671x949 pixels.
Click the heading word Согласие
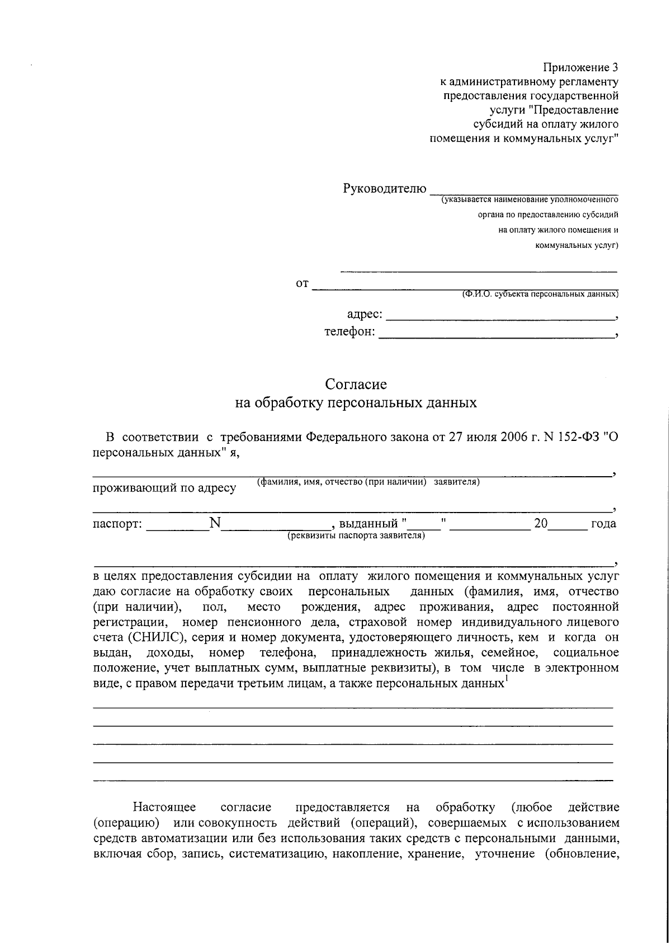356,384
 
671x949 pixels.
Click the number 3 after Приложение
615,68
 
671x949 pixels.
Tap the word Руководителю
385,189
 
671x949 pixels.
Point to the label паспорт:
117,524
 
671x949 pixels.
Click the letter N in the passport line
215,523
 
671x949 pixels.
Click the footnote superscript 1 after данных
505,680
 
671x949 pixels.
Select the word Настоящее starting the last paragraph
164,807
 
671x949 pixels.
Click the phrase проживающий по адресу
164,488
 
